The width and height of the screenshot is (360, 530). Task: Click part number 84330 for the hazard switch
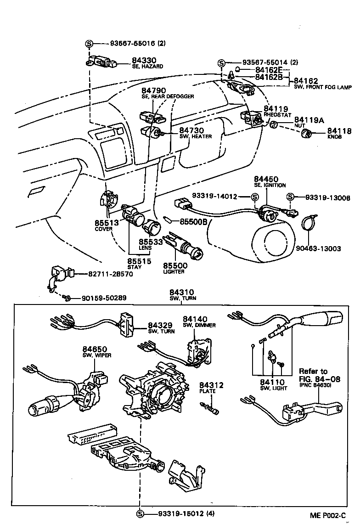[144, 60]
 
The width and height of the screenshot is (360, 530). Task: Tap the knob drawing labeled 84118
[307, 134]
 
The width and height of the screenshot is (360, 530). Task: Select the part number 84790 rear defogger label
[154, 90]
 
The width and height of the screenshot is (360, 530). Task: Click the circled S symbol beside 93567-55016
[89, 44]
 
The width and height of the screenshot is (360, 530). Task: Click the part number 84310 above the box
[181, 292]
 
